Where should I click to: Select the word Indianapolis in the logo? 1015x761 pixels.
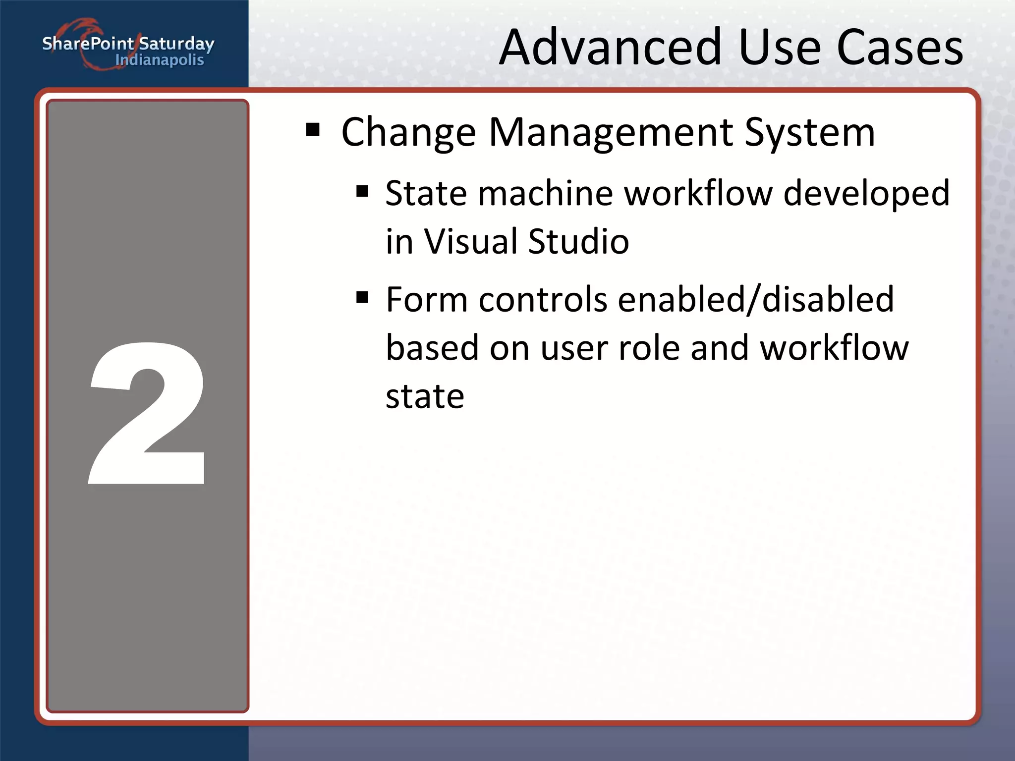[x=159, y=60]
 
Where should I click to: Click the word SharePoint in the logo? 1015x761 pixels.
[x=88, y=44]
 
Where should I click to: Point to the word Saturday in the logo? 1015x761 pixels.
[x=176, y=44]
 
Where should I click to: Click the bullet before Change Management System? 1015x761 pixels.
[x=313, y=130]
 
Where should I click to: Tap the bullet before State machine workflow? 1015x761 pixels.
[x=362, y=191]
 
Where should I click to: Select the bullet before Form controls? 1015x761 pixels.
[x=362, y=297]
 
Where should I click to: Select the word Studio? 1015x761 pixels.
[x=578, y=241]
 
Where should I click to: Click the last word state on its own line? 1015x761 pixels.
[x=425, y=396]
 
